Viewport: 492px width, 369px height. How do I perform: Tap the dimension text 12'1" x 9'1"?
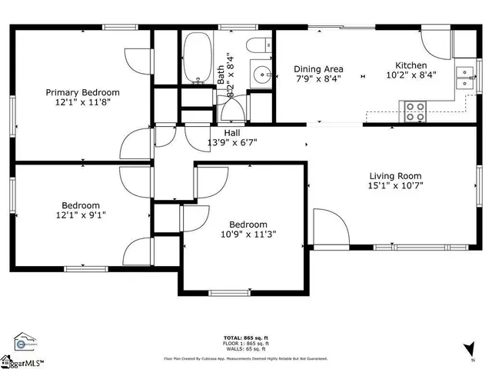pos(81,217)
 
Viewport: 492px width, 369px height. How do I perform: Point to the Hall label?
pos(231,132)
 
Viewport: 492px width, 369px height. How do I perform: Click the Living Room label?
pos(396,175)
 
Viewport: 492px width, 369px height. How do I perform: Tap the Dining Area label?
pos(317,68)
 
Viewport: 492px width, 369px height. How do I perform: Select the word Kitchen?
pos(411,65)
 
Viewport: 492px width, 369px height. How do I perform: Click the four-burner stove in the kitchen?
pos(415,111)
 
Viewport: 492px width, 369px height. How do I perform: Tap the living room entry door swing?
pos(328,228)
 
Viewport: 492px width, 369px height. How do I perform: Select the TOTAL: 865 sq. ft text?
pos(245,338)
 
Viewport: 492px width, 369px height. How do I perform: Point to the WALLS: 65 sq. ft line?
pos(245,349)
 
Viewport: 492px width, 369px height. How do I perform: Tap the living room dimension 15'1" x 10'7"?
pos(396,184)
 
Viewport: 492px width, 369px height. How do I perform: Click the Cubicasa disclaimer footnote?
pos(245,358)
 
